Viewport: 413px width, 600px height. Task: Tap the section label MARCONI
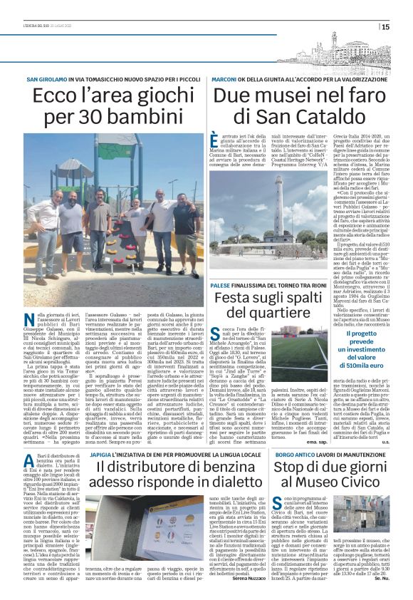tap(224, 78)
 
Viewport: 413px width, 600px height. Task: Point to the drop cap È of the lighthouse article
tap(215, 139)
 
